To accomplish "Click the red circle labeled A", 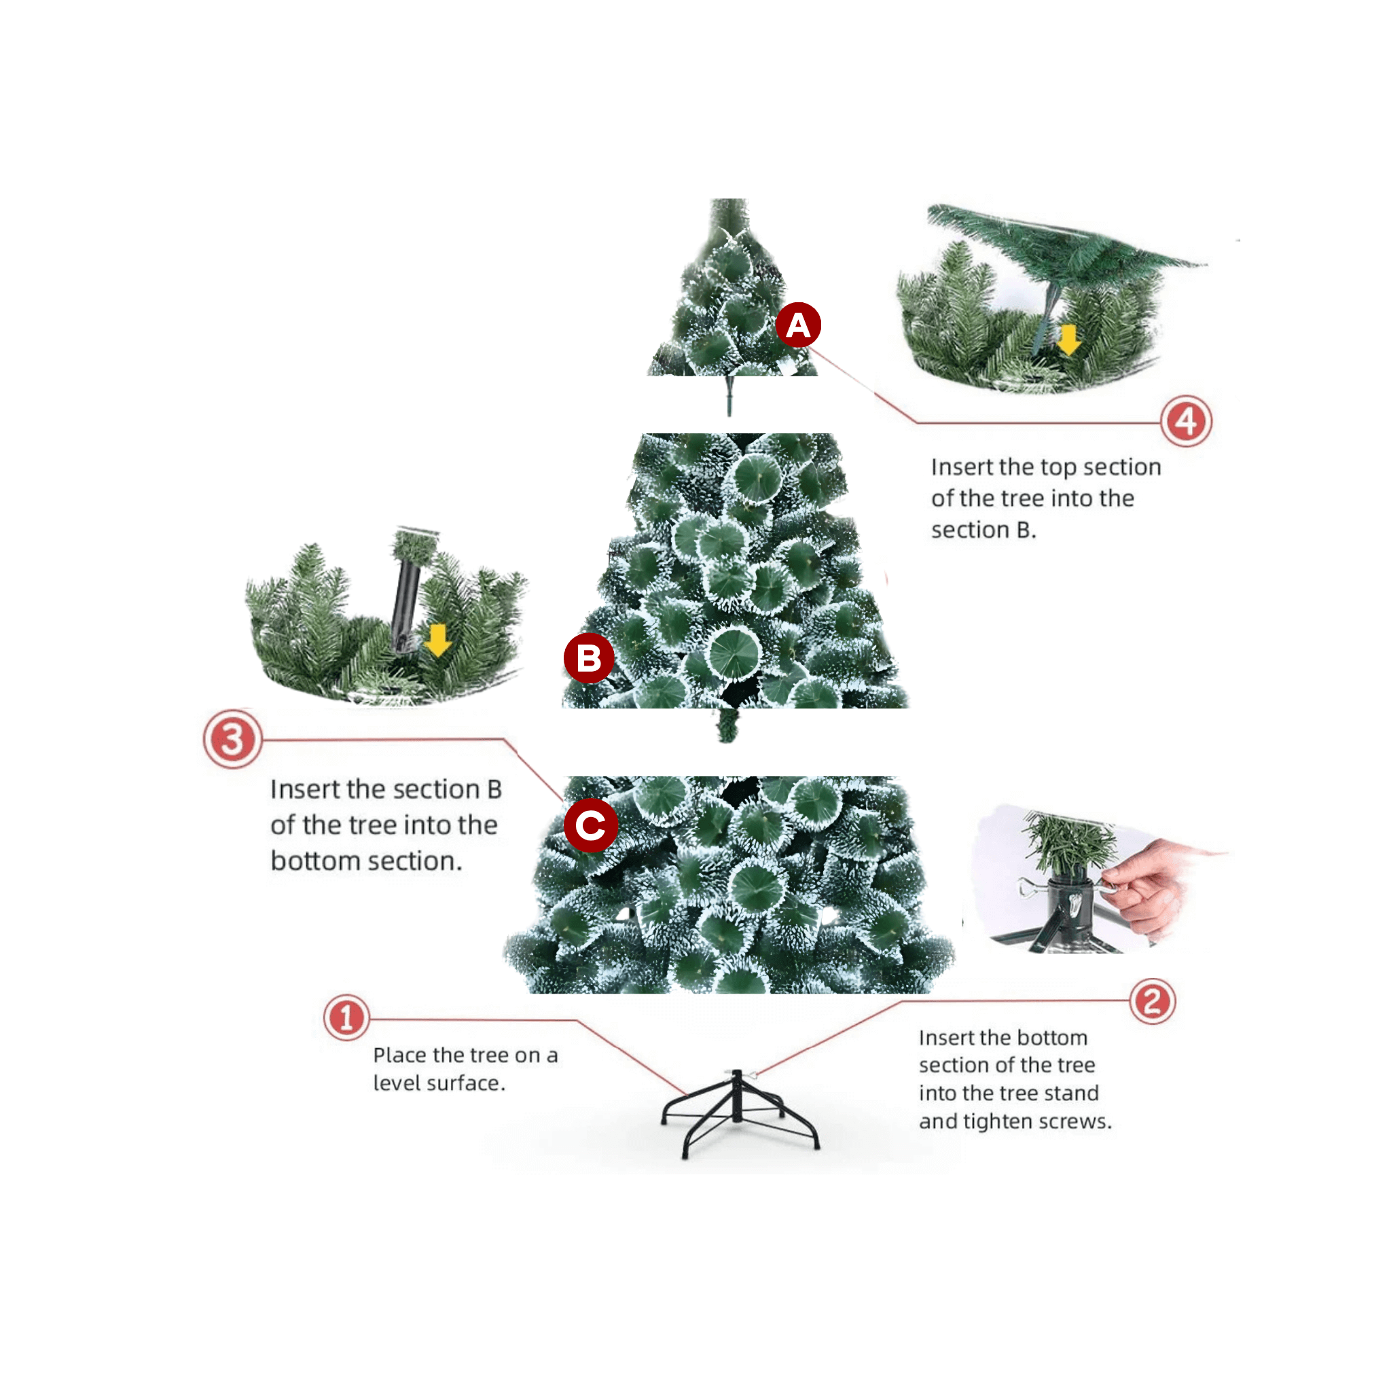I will point(798,325).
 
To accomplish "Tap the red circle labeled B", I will point(588,658).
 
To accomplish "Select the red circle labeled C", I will point(590,825).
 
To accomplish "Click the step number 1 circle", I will point(346,1018).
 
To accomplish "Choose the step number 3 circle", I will point(232,740).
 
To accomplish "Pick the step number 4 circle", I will point(1186,421).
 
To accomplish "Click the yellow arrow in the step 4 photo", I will point(1068,339).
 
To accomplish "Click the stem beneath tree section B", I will point(727,724).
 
